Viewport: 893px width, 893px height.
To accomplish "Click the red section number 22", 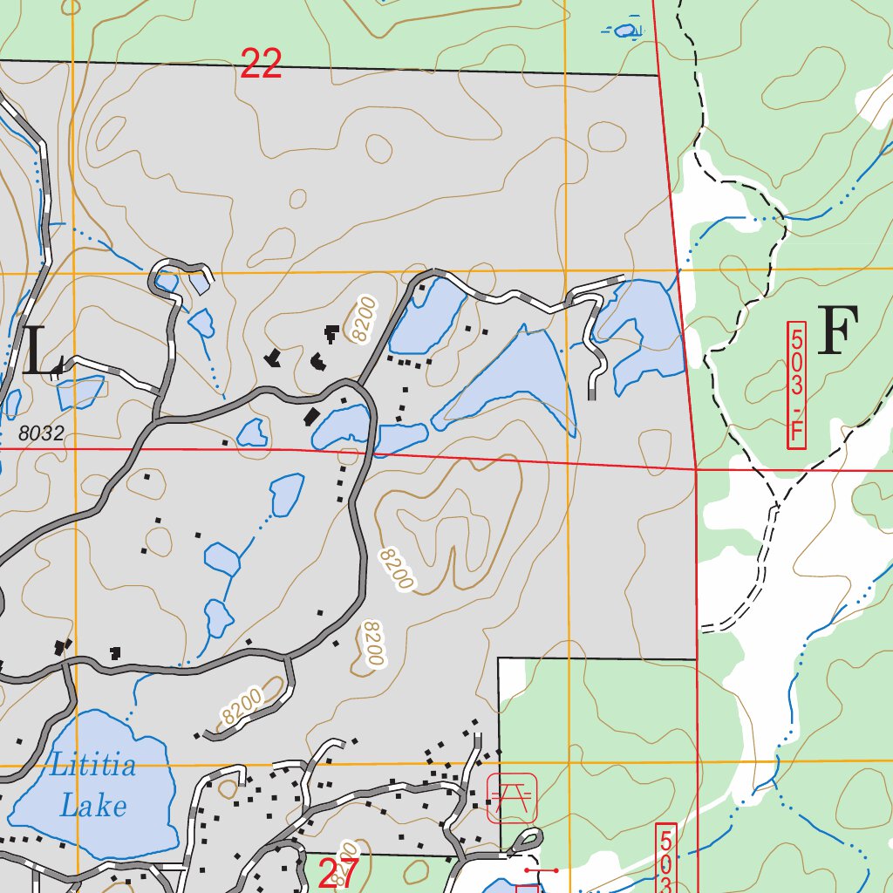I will tap(261, 65).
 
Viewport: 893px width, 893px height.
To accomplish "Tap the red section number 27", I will tap(338, 874).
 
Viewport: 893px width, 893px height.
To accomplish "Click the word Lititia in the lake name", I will tap(92, 767).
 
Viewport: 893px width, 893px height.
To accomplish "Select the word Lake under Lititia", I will tap(92, 805).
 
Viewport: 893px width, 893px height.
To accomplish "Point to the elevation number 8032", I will tap(41, 433).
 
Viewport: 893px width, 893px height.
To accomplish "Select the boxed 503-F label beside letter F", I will tap(795, 385).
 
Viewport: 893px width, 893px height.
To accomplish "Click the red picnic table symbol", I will tap(512, 797).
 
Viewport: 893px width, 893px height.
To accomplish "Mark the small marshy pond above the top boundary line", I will tap(625, 31).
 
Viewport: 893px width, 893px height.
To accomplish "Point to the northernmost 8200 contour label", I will tap(364, 318).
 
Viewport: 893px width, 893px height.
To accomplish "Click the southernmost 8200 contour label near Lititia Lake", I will tap(242, 707).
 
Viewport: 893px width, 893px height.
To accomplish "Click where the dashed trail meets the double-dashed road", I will tap(775, 505).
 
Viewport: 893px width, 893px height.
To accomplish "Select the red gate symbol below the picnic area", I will tap(541, 869).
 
